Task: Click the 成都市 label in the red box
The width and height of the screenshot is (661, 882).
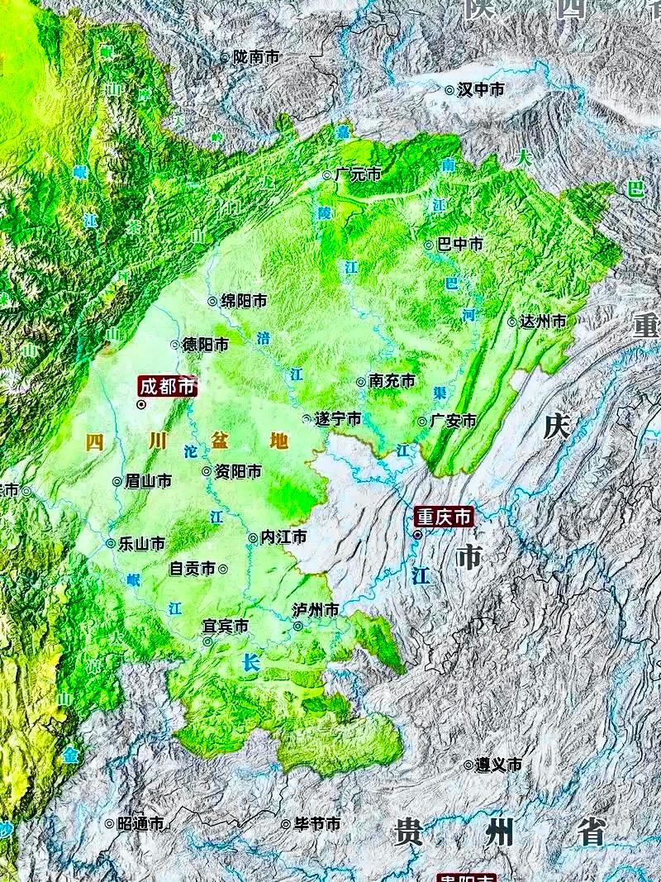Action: (168, 386)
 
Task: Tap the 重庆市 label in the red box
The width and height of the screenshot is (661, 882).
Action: (444, 517)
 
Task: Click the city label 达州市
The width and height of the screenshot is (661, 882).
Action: (543, 321)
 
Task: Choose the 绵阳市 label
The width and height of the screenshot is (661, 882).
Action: (243, 301)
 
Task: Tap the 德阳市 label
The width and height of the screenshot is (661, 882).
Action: (205, 344)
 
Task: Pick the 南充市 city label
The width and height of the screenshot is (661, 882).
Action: (392, 381)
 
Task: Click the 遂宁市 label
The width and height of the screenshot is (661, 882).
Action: (338, 419)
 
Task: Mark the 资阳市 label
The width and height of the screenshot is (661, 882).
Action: (238, 471)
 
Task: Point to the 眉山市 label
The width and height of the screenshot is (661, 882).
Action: (148, 480)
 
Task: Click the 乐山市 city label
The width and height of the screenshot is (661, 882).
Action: (141, 543)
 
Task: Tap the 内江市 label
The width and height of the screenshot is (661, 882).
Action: (283, 537)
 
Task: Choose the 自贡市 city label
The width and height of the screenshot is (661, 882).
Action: (193, 569)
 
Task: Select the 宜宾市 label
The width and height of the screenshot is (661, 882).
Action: (226, 627)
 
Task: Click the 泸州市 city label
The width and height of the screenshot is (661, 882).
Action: (316, 610)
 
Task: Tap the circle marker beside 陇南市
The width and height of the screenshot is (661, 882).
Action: (225, 57)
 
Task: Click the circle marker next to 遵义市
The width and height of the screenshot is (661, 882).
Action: (468, 765)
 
